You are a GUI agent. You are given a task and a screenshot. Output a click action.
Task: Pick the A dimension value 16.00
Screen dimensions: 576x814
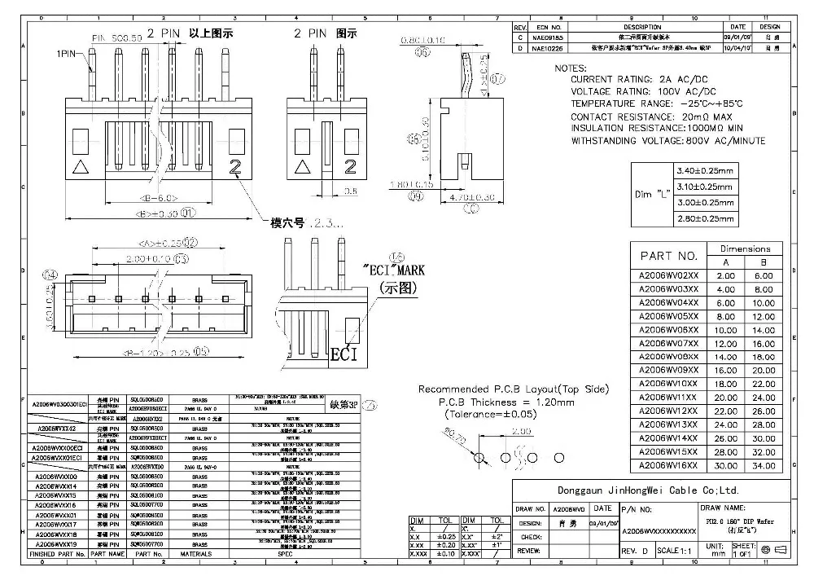pos(726,369)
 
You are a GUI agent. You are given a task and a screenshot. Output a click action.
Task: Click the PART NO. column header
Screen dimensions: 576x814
pos(669,255)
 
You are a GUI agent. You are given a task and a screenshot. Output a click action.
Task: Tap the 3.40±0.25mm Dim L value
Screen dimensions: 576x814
pos(705,171)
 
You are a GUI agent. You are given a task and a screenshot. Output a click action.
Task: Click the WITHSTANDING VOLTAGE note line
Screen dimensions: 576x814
pos(667,141)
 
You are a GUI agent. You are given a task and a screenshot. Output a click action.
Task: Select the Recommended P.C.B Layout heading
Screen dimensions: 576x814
pos(513,389)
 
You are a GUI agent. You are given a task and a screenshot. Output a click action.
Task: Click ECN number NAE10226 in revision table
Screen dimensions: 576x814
pos(548,48)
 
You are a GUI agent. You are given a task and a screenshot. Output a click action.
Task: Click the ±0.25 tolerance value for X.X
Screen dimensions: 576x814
pos(446,537)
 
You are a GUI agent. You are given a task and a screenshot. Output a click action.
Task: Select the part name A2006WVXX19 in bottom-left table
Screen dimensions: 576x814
pos(54,543)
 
